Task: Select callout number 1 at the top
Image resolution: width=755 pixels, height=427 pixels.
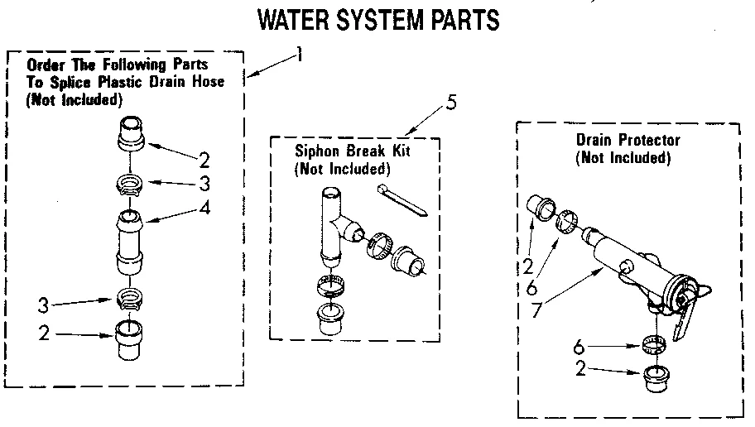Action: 299,55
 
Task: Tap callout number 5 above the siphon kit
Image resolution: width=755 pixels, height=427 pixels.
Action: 450,103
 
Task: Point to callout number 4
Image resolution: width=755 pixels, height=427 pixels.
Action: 204,209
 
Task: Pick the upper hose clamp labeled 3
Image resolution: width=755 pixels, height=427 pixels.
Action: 132,184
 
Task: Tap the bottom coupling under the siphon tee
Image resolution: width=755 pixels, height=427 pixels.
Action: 332,319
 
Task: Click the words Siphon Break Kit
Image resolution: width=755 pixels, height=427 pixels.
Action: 352,152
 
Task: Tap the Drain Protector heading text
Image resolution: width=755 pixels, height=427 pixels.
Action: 628,141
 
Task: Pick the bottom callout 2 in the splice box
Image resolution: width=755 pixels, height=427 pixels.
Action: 43,335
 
